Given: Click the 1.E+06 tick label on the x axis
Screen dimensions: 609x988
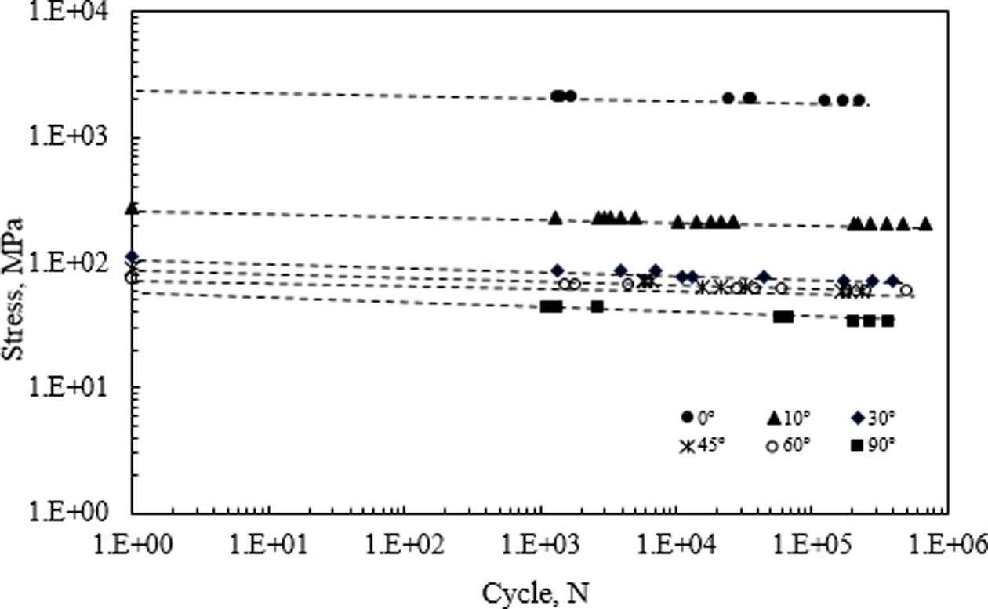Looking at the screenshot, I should click(949, 546).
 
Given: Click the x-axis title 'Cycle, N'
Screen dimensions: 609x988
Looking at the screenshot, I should click(535, 593).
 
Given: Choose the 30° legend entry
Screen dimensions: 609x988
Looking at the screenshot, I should click(873, 417).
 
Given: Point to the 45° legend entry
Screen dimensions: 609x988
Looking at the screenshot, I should click(703, 446).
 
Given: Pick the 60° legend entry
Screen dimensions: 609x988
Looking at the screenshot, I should click(787, 446).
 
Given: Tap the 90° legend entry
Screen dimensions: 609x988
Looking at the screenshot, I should click(873, 446).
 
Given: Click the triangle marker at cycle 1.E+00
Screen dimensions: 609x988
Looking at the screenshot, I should click(132, 208).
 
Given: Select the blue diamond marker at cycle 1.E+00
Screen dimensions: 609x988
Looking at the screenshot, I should click(132, 257).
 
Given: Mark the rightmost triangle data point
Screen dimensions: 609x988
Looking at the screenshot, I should click(926, 224).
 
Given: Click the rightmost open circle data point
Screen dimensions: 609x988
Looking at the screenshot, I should click(906, 290).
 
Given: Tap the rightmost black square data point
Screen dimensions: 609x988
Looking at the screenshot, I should click(888, 321).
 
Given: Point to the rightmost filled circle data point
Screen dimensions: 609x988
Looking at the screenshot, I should click(859, 100).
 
